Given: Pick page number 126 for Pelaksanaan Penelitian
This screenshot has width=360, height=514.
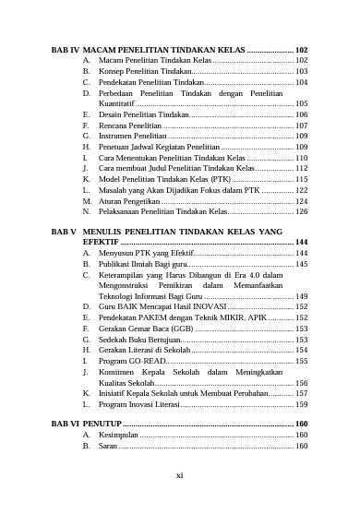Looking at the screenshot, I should [301, 211].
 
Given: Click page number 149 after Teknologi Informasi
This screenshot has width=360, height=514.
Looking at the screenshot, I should [301, 296].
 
